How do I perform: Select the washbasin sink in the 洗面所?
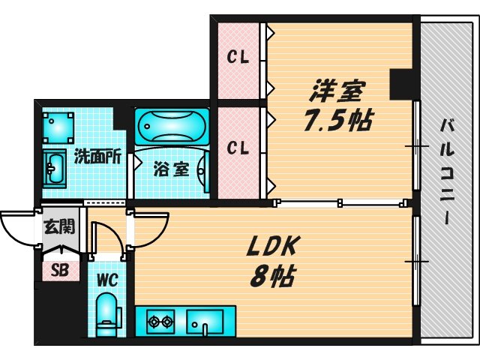click(55, 167)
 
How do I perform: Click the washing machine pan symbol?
click(58, 127)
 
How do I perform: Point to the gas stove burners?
click(160, 322)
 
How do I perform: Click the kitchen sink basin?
click(205, 322)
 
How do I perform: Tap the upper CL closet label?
click(238, 57)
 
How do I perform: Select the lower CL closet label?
click(238, 148)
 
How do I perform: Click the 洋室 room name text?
click(337, 91)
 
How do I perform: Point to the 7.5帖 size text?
click(338, 120)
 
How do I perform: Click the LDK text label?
click(272, 246)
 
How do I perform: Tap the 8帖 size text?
click(272, 275)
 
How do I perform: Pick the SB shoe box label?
click(60, 270)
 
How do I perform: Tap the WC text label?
click(107, 280)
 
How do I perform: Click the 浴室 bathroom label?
click(172, 169)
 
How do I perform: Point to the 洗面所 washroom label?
click(98, 157)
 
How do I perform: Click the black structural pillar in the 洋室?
click(401, 84)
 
